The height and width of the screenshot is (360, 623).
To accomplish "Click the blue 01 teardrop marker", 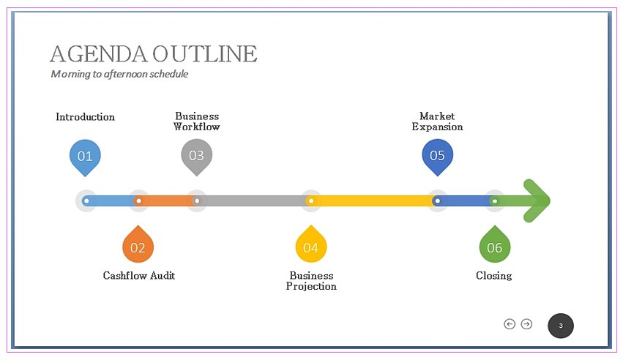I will [x=85, y=156].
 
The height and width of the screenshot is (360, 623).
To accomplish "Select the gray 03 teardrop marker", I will [x=196, y=155].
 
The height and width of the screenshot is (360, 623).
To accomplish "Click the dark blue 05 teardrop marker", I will [x=437, y=155].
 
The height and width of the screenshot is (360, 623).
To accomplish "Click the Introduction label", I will [x=85, y=117].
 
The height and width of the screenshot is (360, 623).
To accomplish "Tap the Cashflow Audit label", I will [x=139, y=276].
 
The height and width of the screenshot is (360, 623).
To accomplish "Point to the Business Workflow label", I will [x=196, y=121].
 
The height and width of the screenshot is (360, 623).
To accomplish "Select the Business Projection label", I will [x=311, y=281].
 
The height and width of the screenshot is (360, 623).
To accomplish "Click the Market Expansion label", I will [x=437, y=121].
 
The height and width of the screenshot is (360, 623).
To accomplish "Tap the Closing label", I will [x=494, y=276].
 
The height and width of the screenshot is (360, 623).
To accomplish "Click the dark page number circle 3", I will [x=561, y=326].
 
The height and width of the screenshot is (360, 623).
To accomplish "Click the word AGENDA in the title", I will [x=98, y=54].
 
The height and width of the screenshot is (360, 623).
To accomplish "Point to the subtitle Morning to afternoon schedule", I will [x=119, y=74].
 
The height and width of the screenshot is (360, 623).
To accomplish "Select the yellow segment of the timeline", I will [x=373, y=200].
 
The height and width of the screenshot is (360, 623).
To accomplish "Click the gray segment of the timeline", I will [x=253, y=200].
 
